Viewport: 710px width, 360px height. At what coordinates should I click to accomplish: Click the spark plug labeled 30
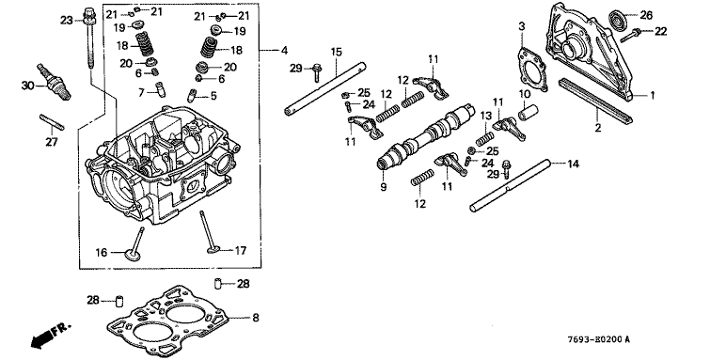coord(55,82)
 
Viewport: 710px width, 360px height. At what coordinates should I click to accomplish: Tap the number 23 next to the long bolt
coord(67,21)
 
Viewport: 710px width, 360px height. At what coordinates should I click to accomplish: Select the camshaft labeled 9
coord(427,136)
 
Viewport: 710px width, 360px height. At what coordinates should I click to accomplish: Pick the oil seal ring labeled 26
coord(618,20)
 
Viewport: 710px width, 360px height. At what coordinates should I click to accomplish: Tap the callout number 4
coord(284,50)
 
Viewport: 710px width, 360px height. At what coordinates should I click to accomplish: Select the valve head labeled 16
coord(134,255)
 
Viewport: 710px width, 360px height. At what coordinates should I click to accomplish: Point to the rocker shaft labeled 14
coord(511,186)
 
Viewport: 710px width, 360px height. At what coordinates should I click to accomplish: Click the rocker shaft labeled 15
coord(325,88)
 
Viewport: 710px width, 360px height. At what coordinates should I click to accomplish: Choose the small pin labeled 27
coord(52,122)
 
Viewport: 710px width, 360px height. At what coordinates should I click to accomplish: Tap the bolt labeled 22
coord(630,36)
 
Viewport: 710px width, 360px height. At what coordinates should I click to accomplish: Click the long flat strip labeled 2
coord(595,101)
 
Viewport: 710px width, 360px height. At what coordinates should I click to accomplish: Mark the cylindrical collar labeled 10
coord(528,112)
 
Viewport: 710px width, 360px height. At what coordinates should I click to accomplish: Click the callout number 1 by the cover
coord(652,96)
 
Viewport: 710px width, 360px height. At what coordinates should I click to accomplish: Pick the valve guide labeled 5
coord(192,96)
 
